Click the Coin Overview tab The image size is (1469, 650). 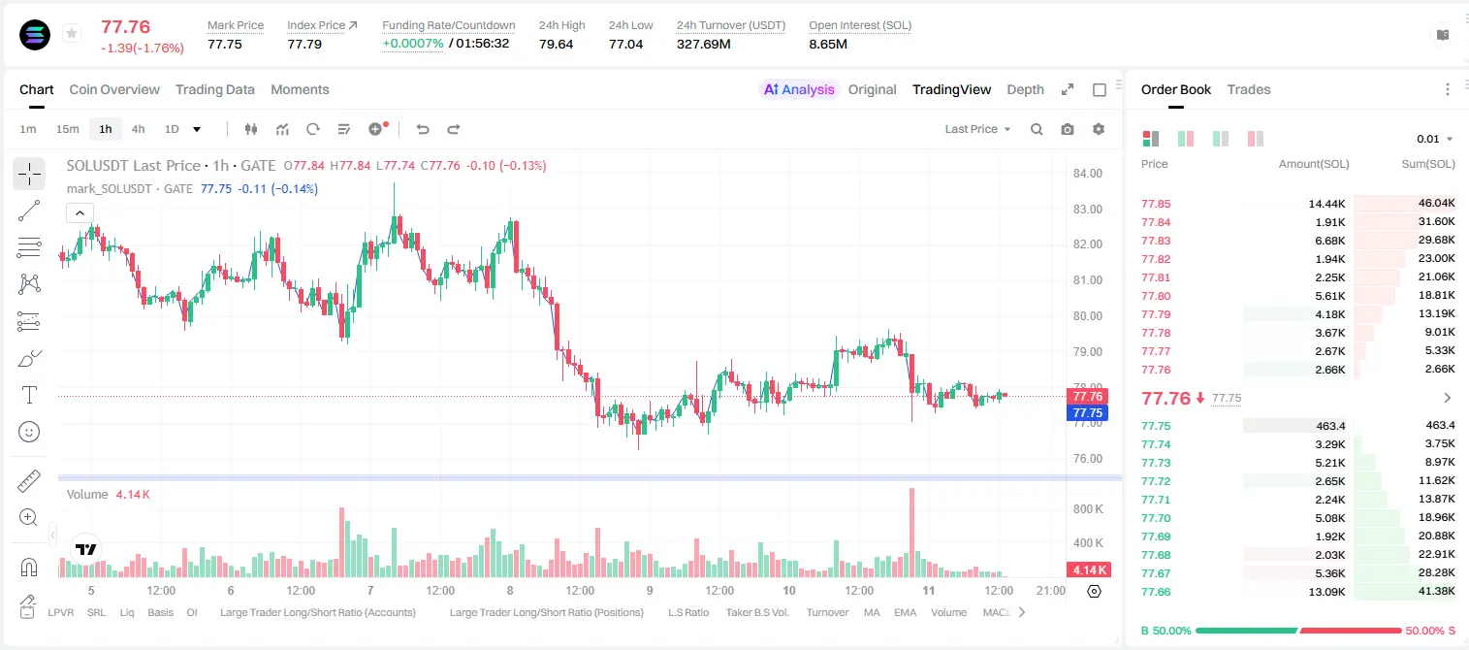114,89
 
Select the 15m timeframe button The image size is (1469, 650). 67,129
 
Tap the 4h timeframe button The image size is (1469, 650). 138,129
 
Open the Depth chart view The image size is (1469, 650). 1025,89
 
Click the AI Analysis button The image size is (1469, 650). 799,89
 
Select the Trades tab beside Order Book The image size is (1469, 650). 1248,89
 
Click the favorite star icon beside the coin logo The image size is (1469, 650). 72,33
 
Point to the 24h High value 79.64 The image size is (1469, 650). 556,44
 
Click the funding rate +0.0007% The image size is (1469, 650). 412,44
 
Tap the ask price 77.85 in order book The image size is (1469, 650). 1156,204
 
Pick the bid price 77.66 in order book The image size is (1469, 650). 1156,592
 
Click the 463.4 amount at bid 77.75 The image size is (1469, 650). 1330,426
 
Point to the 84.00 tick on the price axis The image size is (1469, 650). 1087,174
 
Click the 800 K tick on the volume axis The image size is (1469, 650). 1088,509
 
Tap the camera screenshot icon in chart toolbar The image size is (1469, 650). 1067,129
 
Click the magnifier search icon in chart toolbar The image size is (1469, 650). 1037,129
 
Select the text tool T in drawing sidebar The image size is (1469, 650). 29,395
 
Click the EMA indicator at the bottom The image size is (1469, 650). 905,612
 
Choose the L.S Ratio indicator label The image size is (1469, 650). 687,612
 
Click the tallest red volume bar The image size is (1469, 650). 911,532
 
